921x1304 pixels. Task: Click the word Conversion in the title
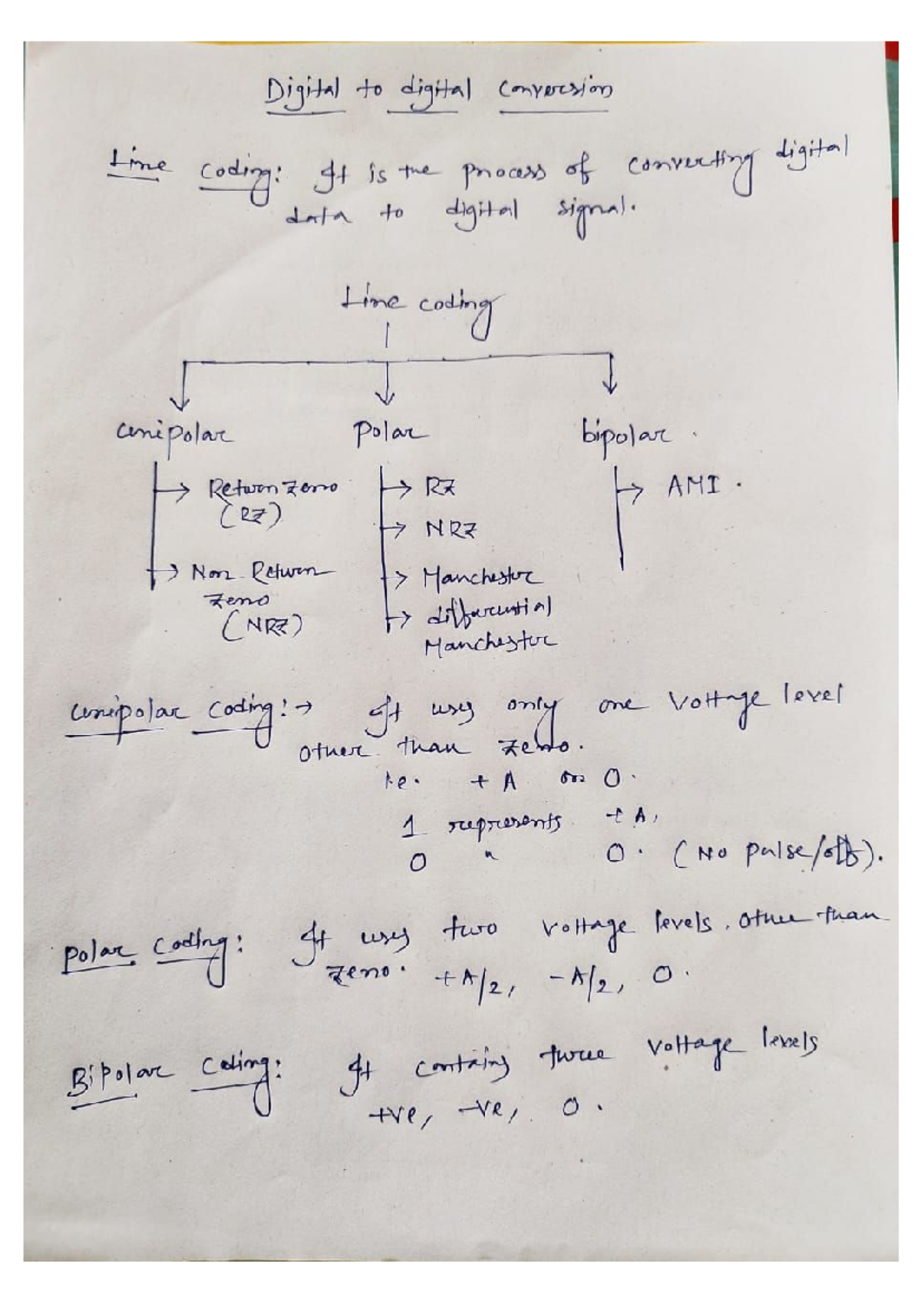[554, 91]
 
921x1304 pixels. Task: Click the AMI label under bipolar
[693, 485]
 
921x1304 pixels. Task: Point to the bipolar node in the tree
[626, 435]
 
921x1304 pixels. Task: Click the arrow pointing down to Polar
[385, 384]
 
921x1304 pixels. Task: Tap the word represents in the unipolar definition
[503, 824]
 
